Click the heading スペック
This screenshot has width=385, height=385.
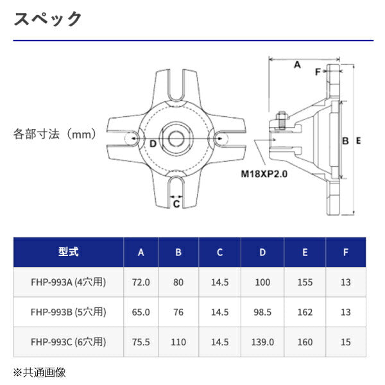pos(48,19)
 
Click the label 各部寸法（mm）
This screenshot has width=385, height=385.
pos(55,135)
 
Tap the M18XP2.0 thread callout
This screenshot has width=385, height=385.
pos(263,173)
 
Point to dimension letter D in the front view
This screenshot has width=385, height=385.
pos(153,143)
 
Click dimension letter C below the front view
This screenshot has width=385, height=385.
pos(176,203)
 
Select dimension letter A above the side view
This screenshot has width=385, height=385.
pos(297,65)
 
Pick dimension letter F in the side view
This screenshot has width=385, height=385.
pos(317,72)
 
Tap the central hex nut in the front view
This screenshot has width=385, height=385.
pos(176,136)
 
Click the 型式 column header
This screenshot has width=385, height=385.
pos(68,252)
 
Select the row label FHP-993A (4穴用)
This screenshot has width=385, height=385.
pos(68,282)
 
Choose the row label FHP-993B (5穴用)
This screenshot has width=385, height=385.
pos(68,312)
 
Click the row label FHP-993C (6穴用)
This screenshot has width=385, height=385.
pos(68,342)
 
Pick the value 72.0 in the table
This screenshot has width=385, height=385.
pos(141,282)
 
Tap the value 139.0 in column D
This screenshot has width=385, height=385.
pos(262,342)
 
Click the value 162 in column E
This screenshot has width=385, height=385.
pos(305,312)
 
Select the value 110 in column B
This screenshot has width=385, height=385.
pos(178,342)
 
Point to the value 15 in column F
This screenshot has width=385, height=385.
pos(346,342)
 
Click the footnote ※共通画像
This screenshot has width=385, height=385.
pos(40,372)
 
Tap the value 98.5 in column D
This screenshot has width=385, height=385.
pos(262,312)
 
